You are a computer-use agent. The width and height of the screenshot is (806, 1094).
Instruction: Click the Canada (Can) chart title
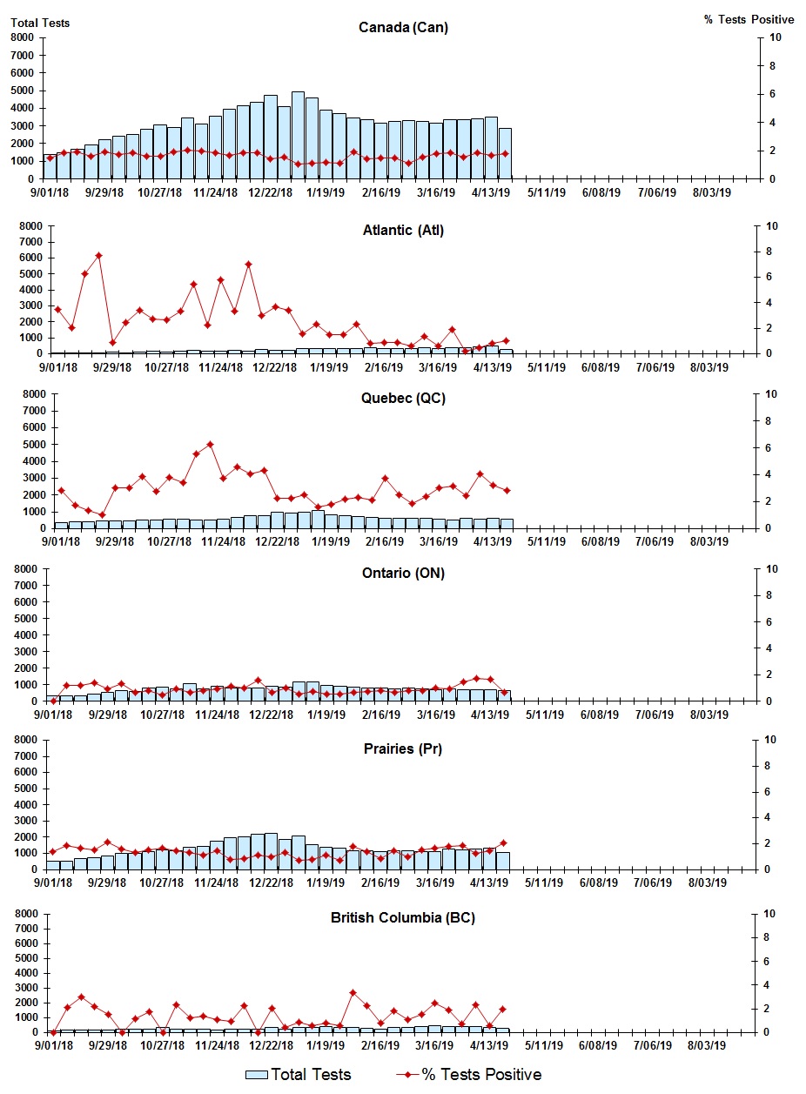click(403, 28)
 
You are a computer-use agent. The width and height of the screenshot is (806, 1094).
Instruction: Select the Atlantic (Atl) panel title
click(403, 231)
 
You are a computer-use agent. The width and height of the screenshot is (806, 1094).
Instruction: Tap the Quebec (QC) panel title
click(403, 399)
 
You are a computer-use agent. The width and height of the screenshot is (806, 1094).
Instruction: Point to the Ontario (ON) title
click(403, 574)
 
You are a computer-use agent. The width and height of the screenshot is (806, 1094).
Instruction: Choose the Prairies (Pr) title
click(403, 748)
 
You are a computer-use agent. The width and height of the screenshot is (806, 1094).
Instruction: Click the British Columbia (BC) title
click(403, 918)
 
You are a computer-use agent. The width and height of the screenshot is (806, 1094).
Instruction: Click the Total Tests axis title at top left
click(40, 23)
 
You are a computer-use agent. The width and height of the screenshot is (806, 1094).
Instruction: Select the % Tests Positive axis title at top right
click(749, 19)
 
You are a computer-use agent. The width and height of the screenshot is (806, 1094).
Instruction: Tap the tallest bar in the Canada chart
click(298, 135)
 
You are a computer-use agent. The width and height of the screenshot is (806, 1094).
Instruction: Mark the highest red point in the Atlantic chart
click(98, 256)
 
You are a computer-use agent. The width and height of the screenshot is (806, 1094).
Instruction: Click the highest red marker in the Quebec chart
click(210, 445)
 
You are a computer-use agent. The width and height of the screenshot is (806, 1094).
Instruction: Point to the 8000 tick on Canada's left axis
click(23, 37)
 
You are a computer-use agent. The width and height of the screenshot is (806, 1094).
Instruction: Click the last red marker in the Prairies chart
click(503, 843)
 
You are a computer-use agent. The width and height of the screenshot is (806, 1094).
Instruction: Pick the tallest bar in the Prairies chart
click(271, 850)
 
